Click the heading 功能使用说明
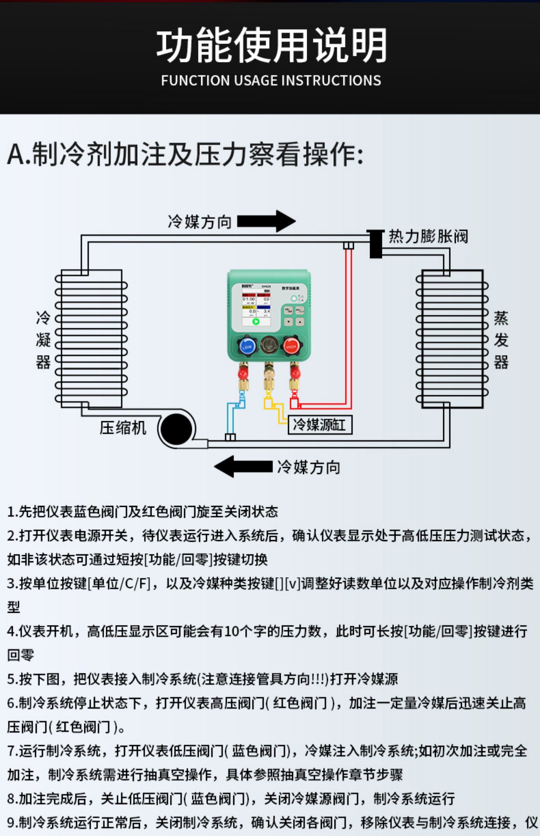pos(271,45)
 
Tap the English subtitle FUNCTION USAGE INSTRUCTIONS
pos(271,80)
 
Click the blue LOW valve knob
pos(247,346)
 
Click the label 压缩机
pos(123,428)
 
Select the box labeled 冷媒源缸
pos(320,425)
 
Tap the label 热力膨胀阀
pos(428,237)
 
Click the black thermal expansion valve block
pos(376,244)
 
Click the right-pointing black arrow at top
pos(266,221)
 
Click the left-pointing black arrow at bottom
pos(243,467)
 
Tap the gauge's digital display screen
pos(256,308)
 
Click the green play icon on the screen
pos(256,322)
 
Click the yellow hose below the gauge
pos(274,407)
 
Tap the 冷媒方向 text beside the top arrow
pos(199,222)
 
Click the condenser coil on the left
pos(91,338)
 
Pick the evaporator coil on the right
pos(452,338)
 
